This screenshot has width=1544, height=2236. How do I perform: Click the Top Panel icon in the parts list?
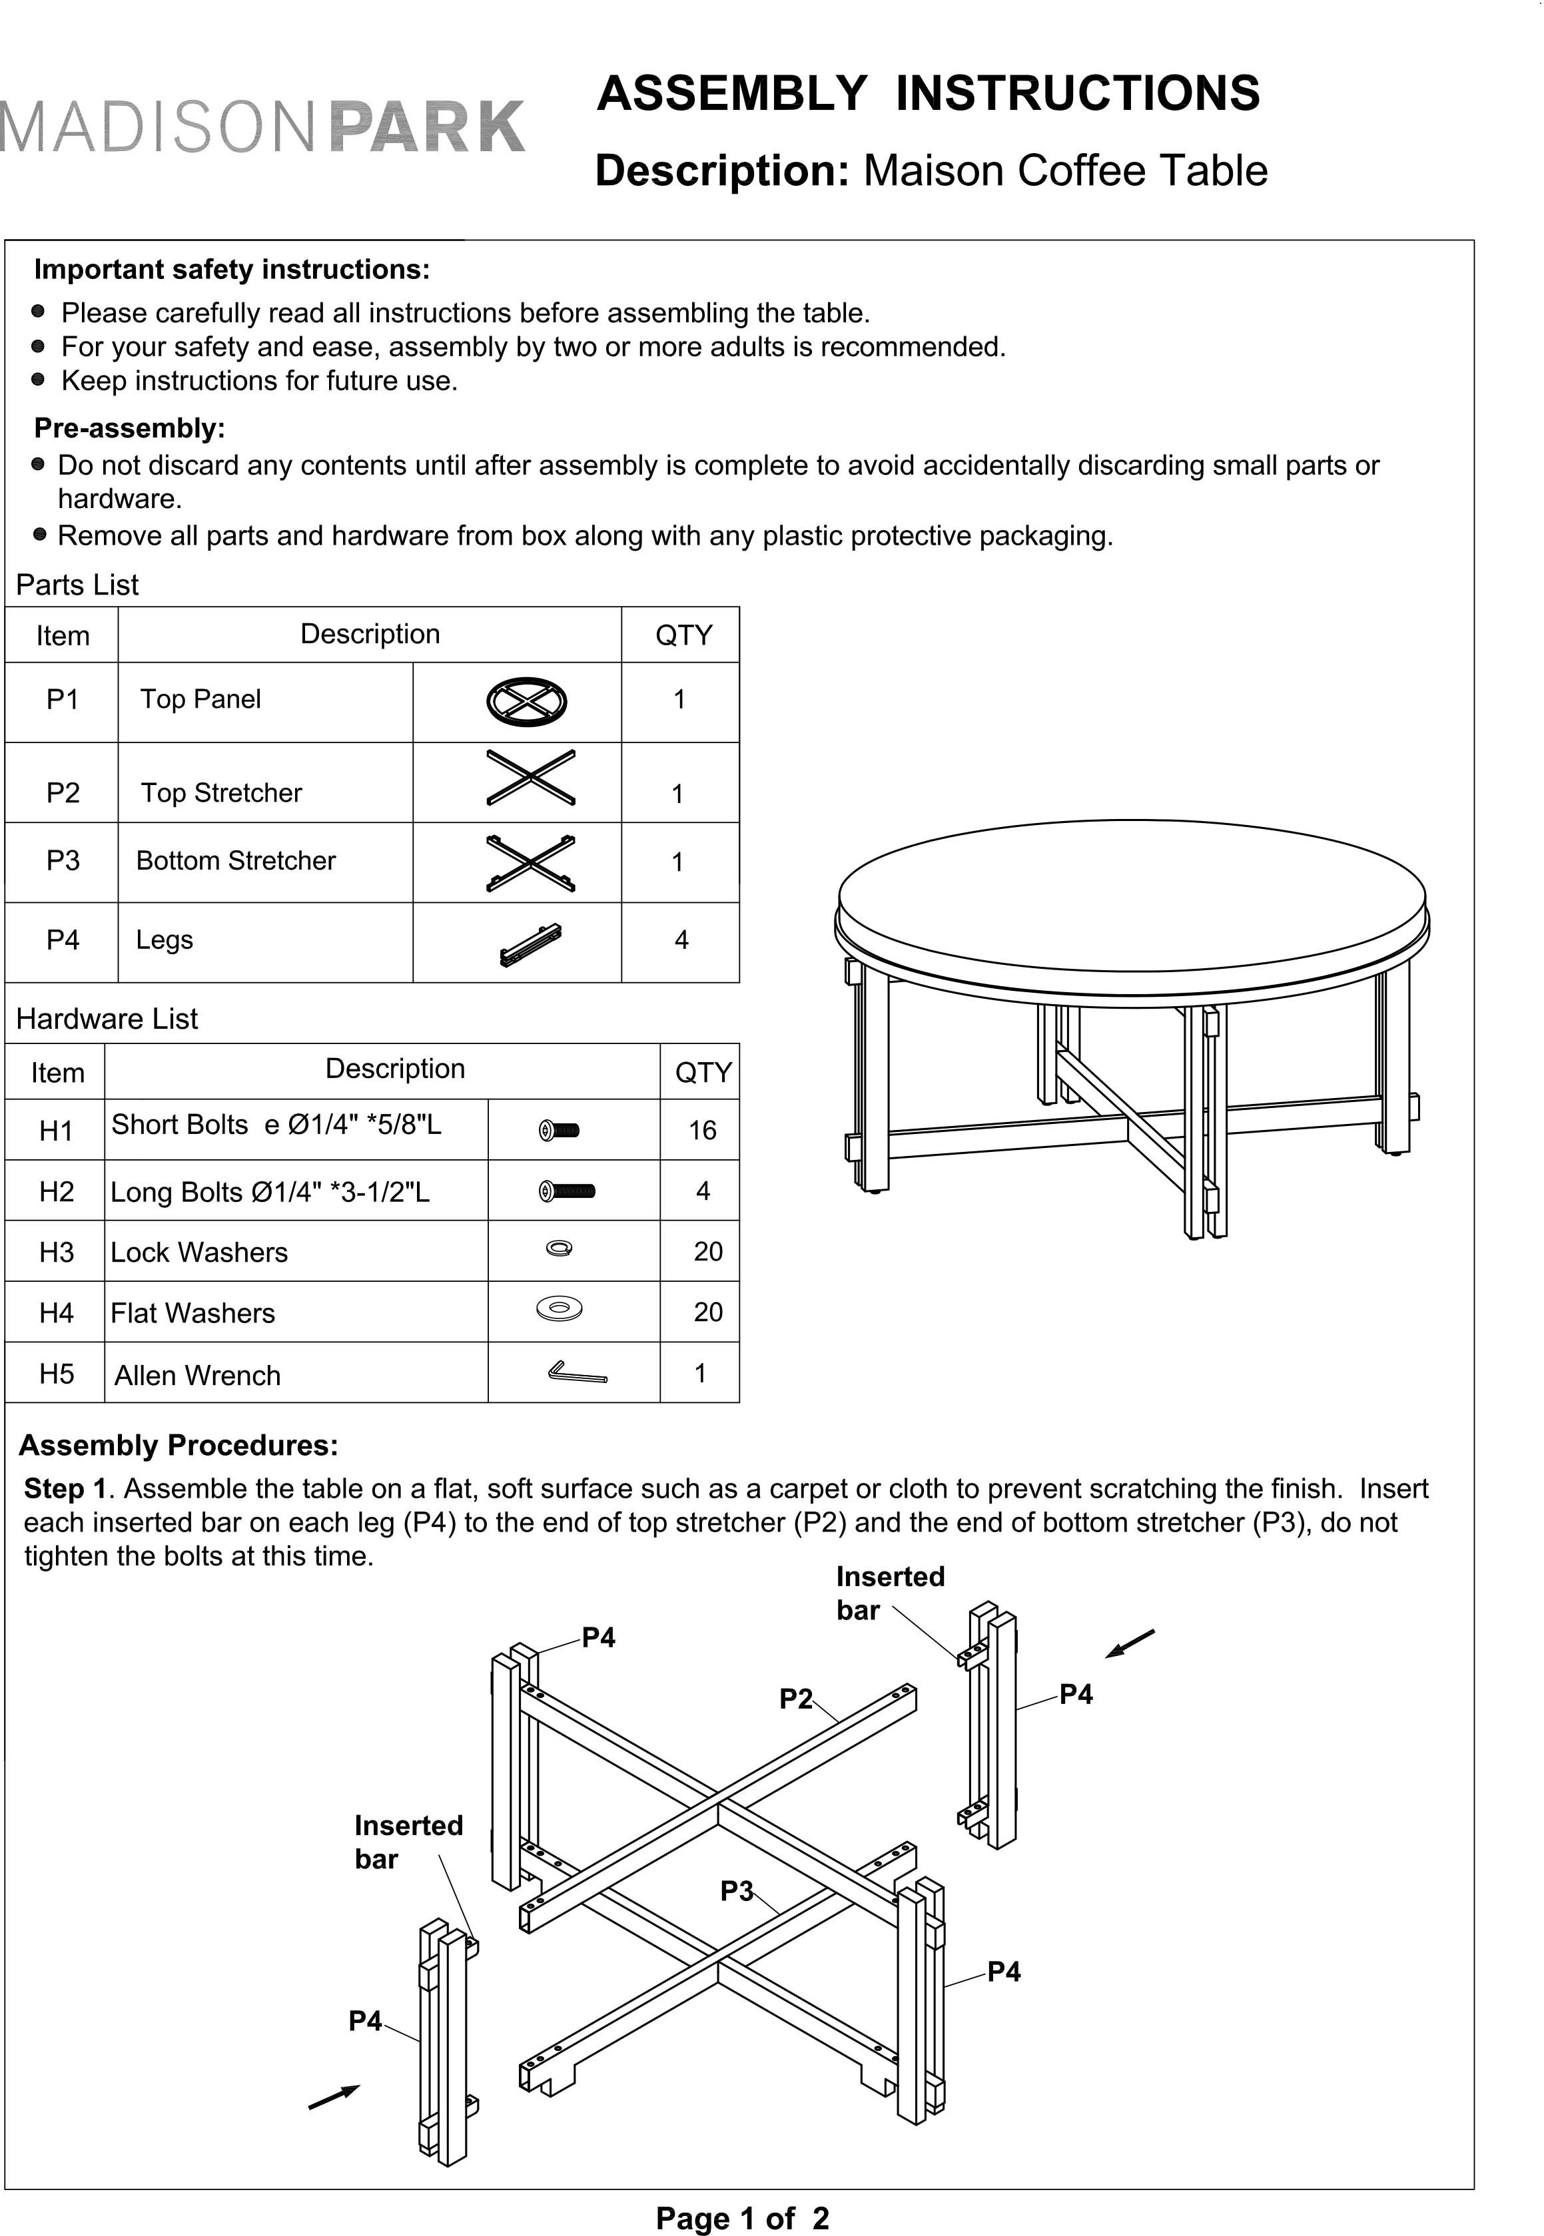[526, 701]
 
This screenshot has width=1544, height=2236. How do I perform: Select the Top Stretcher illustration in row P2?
[530, 778]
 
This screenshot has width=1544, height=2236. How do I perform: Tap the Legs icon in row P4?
[530, 945]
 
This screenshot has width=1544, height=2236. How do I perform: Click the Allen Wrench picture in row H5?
[577, 1372]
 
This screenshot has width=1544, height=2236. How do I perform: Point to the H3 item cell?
[56, 1251]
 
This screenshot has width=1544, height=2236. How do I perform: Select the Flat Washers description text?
[193, 1312]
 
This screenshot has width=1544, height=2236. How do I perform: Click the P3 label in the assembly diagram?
[736, 1890]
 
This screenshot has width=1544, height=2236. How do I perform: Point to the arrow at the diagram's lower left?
[334, 2097]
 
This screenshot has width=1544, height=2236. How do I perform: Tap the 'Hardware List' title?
[107, 1018]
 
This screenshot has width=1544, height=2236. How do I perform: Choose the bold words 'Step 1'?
[64, 1488]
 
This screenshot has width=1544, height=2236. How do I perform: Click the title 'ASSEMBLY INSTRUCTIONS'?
[928, 94]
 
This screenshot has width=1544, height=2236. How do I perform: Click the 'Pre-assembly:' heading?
[130, 427]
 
